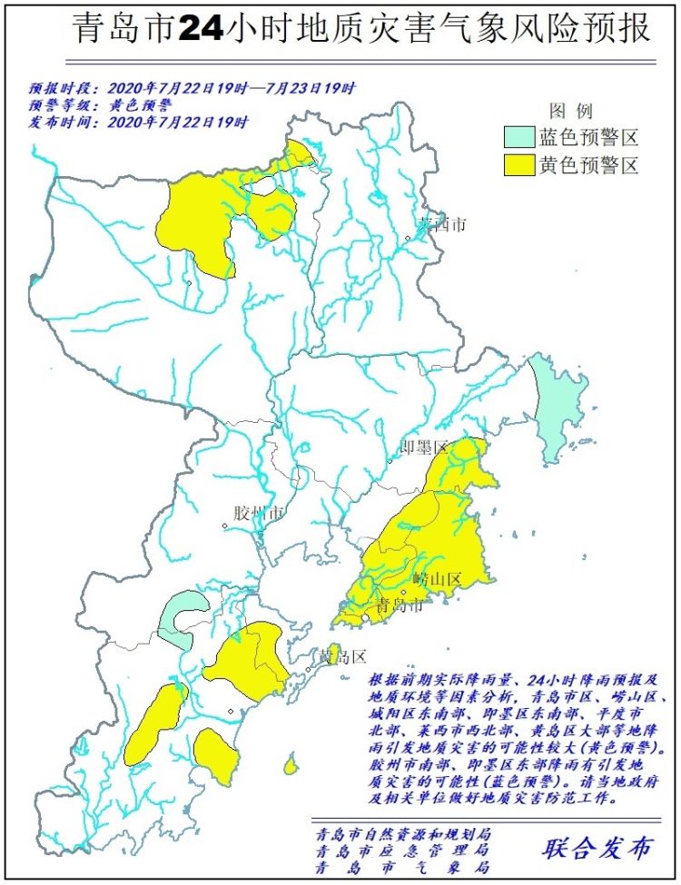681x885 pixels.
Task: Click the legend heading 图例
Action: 571,112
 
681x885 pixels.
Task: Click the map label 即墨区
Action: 426,447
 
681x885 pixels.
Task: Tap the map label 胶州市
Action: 259,514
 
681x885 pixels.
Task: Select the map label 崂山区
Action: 438,579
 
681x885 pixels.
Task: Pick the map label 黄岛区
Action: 341,656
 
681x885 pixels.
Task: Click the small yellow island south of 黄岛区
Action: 291,765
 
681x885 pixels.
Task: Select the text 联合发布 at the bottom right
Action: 597,848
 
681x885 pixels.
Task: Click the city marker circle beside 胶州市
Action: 225,526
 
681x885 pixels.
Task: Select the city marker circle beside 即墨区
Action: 391,460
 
